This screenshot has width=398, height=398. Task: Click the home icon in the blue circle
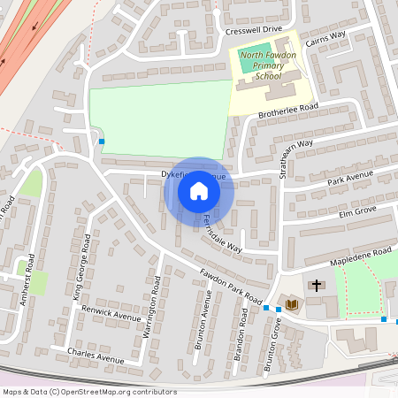(x=199, y=191)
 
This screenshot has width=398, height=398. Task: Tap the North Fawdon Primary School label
(x=268, y=65)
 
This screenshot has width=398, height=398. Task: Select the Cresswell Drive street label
(x=253, y=29)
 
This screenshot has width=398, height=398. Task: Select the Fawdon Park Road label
(x=231, y=285)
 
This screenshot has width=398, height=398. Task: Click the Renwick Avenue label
(x=111, y=314)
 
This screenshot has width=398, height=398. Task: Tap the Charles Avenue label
(x=96, y=355)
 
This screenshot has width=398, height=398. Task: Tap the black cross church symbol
(x=317, y=285)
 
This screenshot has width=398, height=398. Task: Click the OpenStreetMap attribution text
(x=88, y=391)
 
